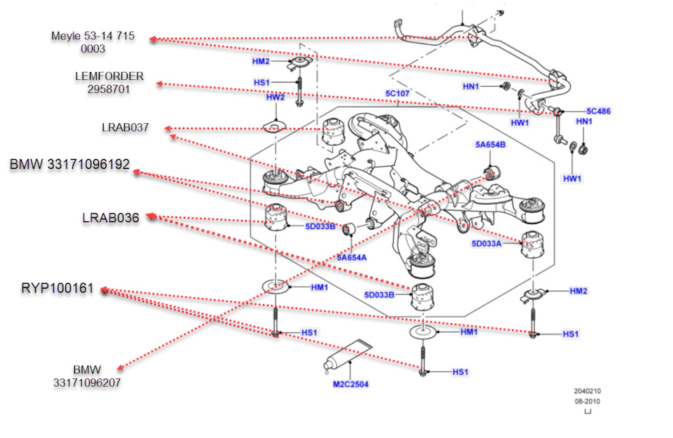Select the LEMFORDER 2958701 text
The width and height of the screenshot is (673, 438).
[x=109, y=83]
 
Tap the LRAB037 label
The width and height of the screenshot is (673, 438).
[x=125, y=128]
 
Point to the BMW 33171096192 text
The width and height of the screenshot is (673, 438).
[x=69, y=165]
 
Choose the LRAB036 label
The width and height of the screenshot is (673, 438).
[x=110, y=218]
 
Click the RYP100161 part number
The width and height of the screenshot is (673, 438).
[x=57, y=289]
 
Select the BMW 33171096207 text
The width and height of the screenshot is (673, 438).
[x=87, y=376]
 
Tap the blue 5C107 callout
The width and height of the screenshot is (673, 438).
[x=396, y=93]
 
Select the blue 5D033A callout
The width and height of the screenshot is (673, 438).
[x=487, y=244]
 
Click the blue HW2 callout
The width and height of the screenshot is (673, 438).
[x=275, y=97]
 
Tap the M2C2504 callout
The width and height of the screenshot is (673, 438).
[x=351, y=384]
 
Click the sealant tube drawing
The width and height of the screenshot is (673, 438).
[x=347, y=355]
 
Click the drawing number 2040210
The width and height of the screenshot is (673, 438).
[x=587, y=391]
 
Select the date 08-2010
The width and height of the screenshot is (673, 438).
[x=587, y=402]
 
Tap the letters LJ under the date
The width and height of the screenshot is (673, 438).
[x=587, y=412]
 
